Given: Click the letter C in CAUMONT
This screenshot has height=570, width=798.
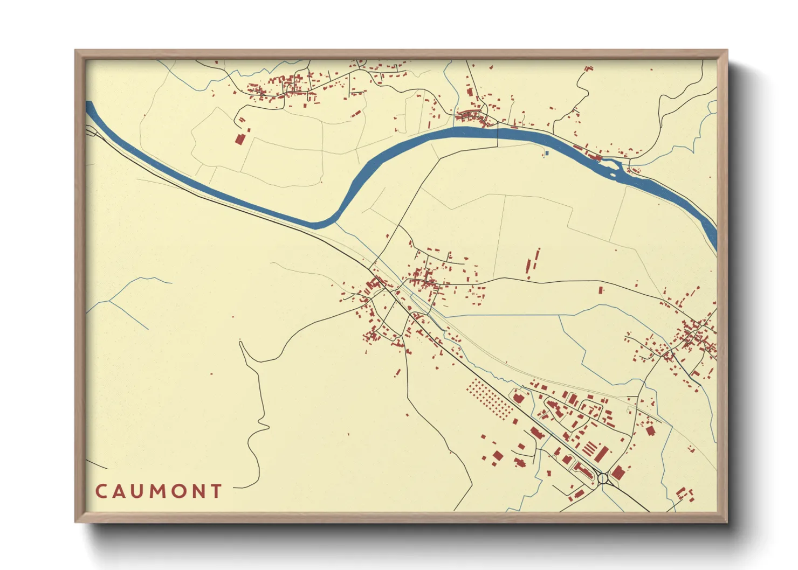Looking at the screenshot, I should [101, 491].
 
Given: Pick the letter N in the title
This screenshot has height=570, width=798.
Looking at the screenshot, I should [198, 491].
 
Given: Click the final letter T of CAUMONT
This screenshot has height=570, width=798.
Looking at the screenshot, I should [216, 491].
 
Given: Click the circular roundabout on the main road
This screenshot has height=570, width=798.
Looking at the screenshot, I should [603, 477].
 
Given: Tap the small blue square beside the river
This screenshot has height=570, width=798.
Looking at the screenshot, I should [546, 154].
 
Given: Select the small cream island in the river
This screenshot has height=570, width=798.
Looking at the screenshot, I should [613, 174].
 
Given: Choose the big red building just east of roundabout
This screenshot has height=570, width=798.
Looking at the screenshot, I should [618, 473].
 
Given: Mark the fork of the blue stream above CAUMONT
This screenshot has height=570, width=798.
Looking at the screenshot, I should [111, 301].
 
